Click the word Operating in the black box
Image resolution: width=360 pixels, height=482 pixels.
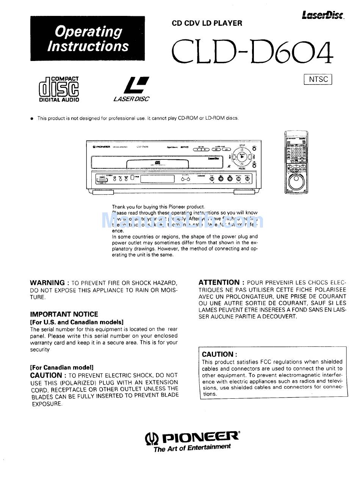[88, 31]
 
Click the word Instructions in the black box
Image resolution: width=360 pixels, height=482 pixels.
[88, 47]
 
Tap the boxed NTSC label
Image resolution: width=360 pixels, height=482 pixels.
[318, 79]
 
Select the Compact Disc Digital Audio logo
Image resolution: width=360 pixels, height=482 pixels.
[59, 89]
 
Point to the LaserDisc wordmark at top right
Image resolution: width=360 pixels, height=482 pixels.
[323, 15]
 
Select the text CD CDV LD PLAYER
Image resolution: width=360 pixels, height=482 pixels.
[207, 23]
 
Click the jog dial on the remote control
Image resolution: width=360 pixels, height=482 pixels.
[296, 183]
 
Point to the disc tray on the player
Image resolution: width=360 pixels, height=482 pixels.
[157, 164]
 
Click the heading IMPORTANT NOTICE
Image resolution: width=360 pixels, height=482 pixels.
[64, 314]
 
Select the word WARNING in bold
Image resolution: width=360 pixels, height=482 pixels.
[47, 283]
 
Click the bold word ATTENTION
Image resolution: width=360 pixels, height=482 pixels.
[219, 282]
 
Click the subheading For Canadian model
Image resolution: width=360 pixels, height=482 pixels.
[62, 367]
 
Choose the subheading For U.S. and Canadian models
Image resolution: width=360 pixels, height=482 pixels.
[77, 322]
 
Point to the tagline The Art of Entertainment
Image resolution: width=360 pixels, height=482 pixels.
[192, 448]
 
